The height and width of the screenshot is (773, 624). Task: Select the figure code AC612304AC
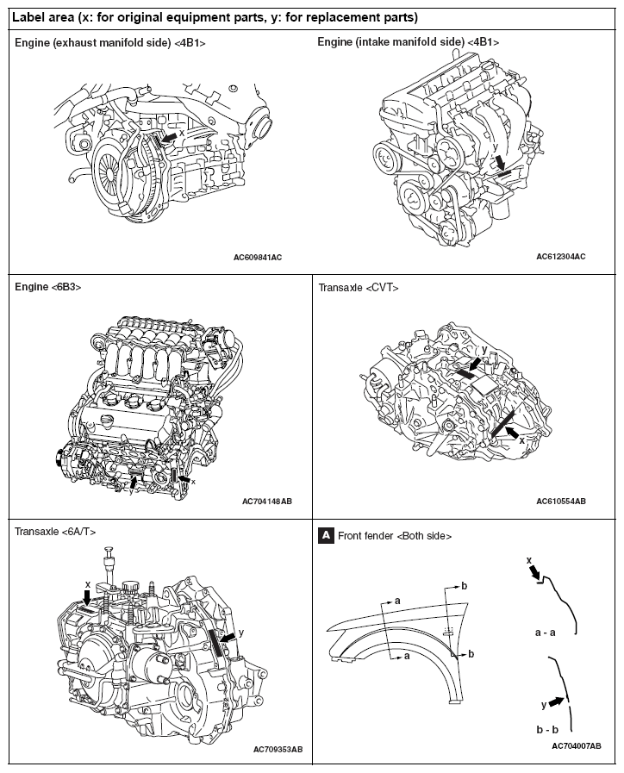click(x=560, y=257)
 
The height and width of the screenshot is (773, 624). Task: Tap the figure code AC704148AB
click(x=267, y=501)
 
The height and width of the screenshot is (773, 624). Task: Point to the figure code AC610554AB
click(x=560, y=501)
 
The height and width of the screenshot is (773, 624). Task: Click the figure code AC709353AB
click(x=278, y=749)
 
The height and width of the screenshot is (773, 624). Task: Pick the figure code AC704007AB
click(x=576, y=745)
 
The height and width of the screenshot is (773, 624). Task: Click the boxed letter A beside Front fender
click(x=326, y=535)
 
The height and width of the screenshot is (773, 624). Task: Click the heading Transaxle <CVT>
click(x=359, y=288)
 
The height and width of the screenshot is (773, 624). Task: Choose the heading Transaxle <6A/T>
click(x=55, y=532)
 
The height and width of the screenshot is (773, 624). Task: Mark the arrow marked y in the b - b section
click(x=557, y=701)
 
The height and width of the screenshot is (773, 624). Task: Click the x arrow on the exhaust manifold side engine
click(x=171, y=136)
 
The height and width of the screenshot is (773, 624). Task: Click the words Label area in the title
click(x=41, y=17)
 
